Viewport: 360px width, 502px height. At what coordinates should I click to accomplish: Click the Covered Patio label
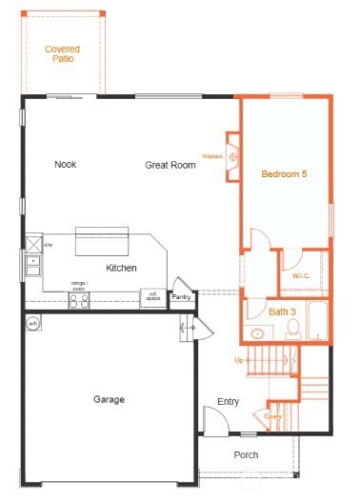tap(62, 53)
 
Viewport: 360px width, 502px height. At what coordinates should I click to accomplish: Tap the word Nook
tap(65, 164)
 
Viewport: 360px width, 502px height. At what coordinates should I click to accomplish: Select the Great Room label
tap(170, 165)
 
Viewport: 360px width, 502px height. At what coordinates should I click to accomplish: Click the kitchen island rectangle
tap(102, 240)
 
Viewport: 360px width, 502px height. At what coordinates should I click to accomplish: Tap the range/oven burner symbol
tap(79, 301)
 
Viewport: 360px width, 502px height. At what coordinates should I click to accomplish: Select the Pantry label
tap(181, 298)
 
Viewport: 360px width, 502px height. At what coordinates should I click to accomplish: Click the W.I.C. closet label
tap(302, 276)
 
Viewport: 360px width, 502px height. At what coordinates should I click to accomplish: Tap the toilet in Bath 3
tap(293, 330)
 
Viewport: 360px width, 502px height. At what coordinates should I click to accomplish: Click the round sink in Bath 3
tap(257, 333)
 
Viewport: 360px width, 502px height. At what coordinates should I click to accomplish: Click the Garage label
tap(109, 399)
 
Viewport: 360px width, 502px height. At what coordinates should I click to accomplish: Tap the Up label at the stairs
tap(239, 360)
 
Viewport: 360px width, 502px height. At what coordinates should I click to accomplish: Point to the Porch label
tap(246, 454)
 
